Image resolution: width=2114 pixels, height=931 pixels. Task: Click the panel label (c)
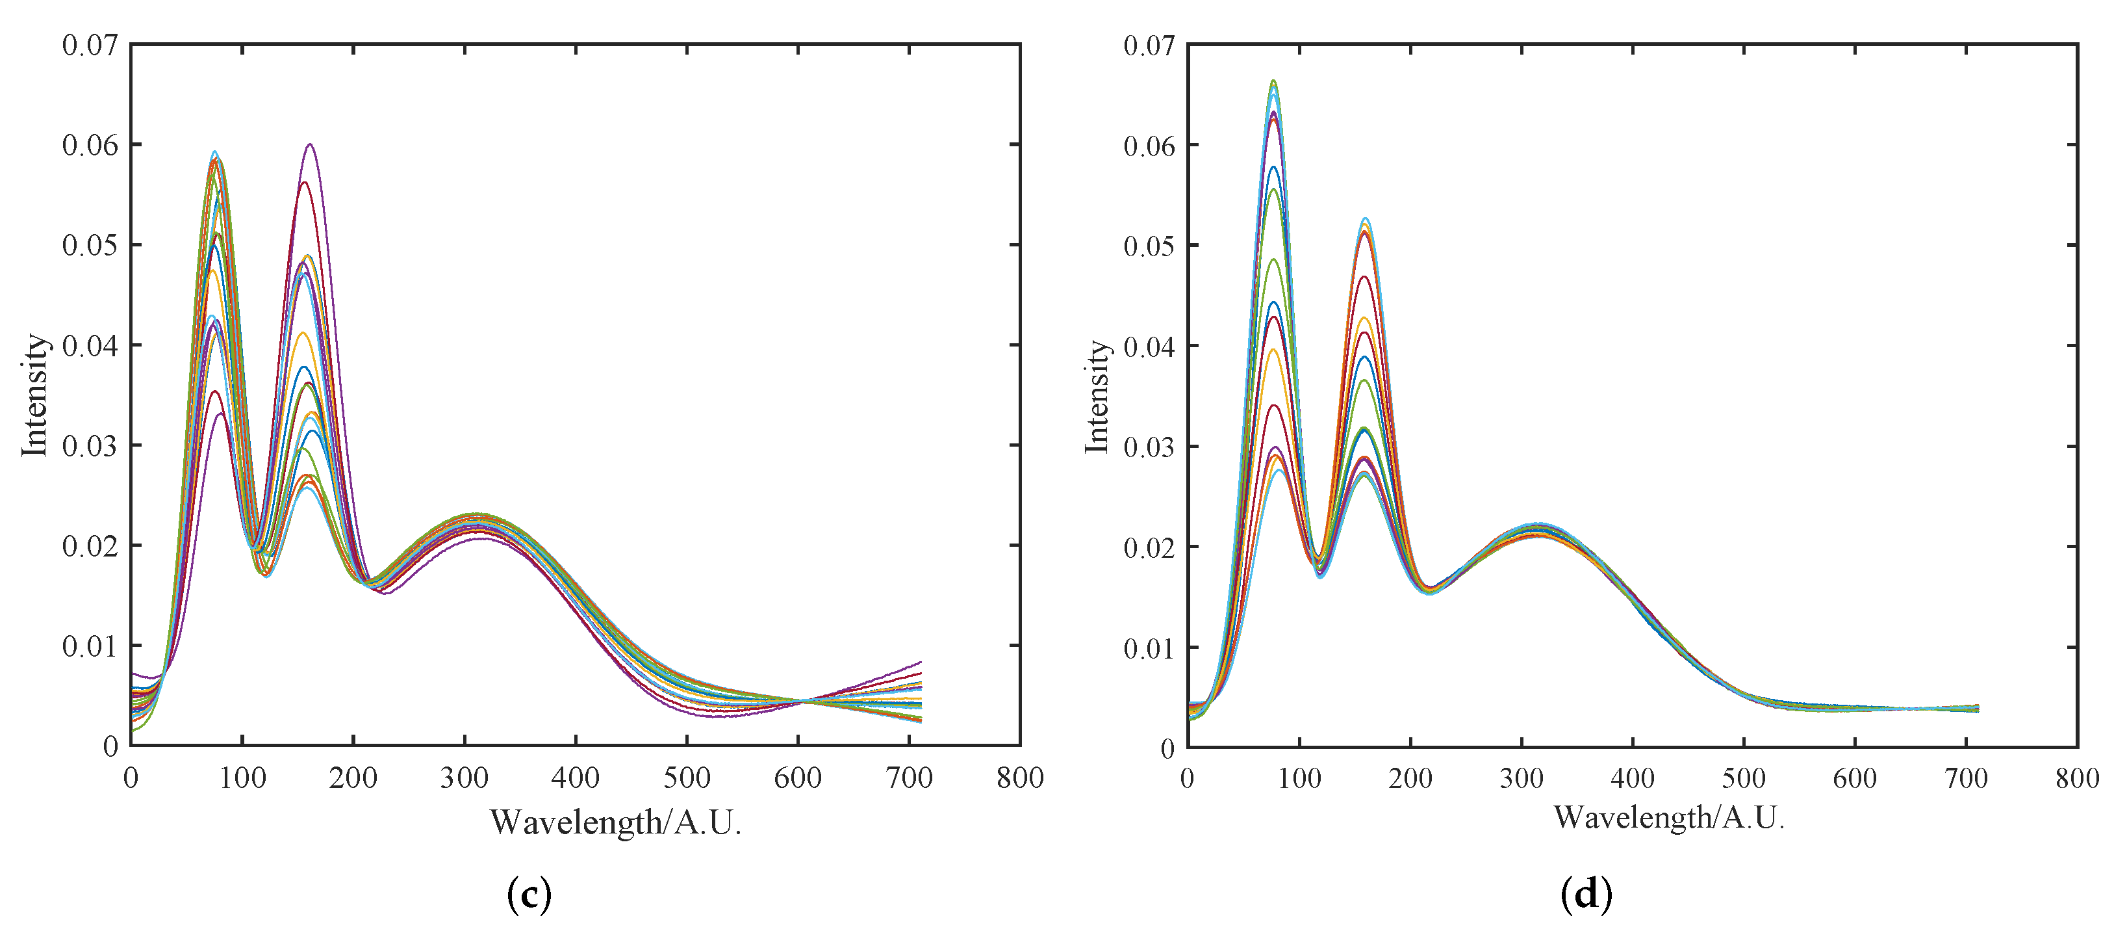tap(529, 894)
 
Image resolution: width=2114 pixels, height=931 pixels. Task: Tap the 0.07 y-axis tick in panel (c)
tap(90, 45)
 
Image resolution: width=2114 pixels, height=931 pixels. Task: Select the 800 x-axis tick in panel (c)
tap(1020, 778)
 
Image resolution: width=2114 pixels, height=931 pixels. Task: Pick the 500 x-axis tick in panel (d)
tap(1744, 778)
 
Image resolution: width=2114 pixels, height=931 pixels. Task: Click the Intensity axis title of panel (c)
tap(34, 395)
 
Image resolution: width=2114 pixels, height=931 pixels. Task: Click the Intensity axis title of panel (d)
tap(1097, 397)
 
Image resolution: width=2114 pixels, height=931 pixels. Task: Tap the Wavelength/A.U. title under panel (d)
tap(1668, 818)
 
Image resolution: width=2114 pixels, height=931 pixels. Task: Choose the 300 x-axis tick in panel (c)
tap(465, 778)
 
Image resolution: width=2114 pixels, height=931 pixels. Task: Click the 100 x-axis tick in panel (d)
tap(1299, 778)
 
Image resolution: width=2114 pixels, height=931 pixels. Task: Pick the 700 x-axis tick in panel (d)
tap(1967, 778)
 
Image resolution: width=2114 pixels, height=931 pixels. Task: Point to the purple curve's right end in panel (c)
tap(921, 662)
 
